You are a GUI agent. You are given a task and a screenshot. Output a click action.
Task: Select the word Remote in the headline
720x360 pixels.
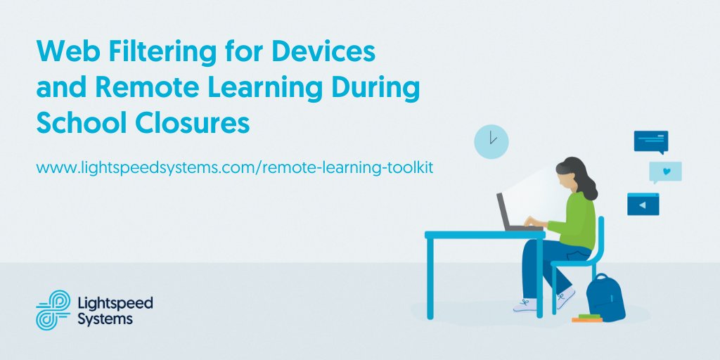(138, 89)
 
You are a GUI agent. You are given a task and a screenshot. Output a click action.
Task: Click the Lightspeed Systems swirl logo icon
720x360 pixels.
(53, 309)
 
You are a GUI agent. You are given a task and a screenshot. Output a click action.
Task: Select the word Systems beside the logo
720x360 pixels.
(105, 319)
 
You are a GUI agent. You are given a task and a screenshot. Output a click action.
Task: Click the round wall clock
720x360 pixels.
(491, 141)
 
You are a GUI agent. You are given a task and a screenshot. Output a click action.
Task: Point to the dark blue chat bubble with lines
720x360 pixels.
(650, 141)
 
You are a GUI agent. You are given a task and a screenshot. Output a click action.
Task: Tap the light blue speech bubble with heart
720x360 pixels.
(665, 172)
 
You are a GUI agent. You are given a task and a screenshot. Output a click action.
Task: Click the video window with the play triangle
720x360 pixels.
(643, 204)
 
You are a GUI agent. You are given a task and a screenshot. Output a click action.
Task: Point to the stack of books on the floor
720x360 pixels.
(586, 319)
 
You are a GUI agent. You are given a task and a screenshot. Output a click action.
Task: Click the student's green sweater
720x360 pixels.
(576, 219)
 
